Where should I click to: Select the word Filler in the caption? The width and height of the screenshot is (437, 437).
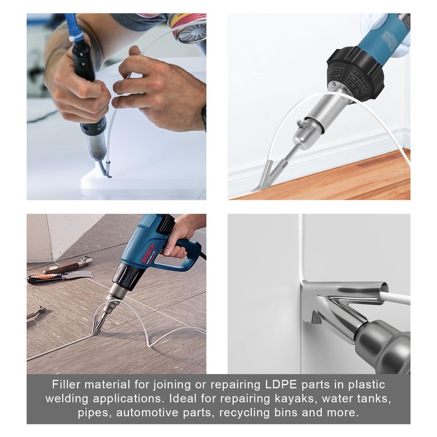point(66,385)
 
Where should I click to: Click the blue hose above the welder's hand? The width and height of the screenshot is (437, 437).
point(73,27)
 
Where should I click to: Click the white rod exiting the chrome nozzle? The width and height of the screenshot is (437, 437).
point(396,298)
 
